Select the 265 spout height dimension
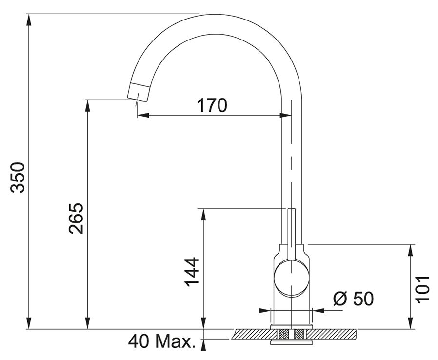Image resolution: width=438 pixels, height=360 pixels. pos(76,219)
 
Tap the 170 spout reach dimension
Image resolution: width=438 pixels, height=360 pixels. pos(212,105)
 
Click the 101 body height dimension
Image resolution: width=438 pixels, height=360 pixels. pos(422,288)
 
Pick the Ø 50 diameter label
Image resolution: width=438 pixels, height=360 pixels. pos(353,298)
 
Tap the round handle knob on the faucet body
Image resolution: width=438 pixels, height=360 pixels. pos(292,278)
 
